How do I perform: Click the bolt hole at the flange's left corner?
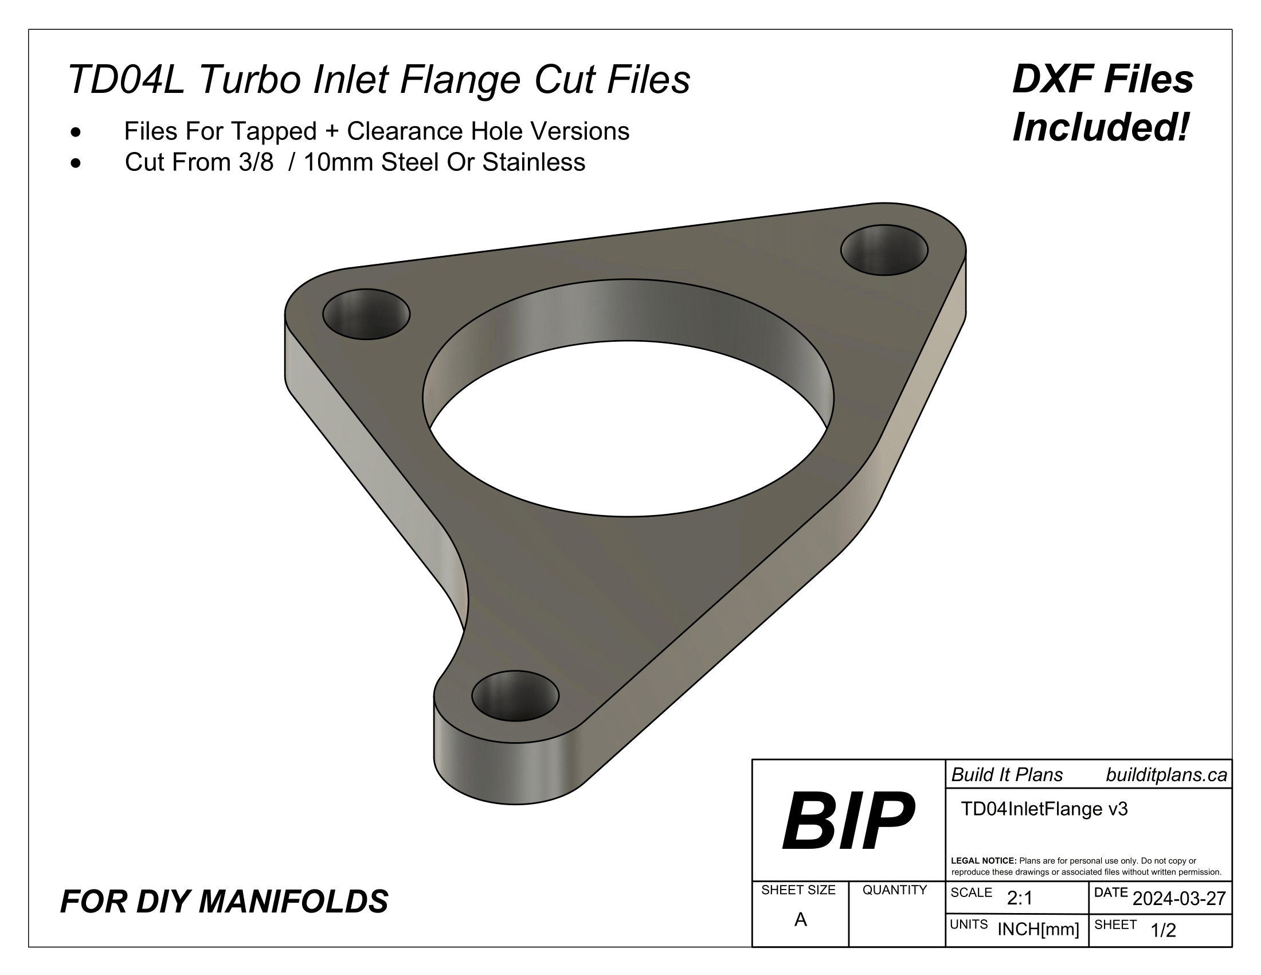[x=366, y=314]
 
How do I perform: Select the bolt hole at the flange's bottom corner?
[x=515, y=695]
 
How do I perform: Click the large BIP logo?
[x=848, y=821]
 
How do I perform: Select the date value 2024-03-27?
[x=1179, y=899]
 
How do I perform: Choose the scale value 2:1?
[x=1020, y=898]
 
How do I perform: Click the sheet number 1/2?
[x=1163, y=930]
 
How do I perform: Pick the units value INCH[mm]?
[x=1038, y=929]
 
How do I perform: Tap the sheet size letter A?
[x=800, y=919]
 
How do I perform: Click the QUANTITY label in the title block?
[x=894, y=890]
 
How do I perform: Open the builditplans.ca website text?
[x=1166, y=775]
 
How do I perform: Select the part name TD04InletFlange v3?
[x=1044, y=809]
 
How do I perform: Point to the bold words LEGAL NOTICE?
[x=983, y=861]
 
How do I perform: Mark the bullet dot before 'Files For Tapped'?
[x=76, y=133]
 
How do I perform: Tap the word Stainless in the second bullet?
[x=534, y=162]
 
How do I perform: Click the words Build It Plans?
[x=1007, y=775]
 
